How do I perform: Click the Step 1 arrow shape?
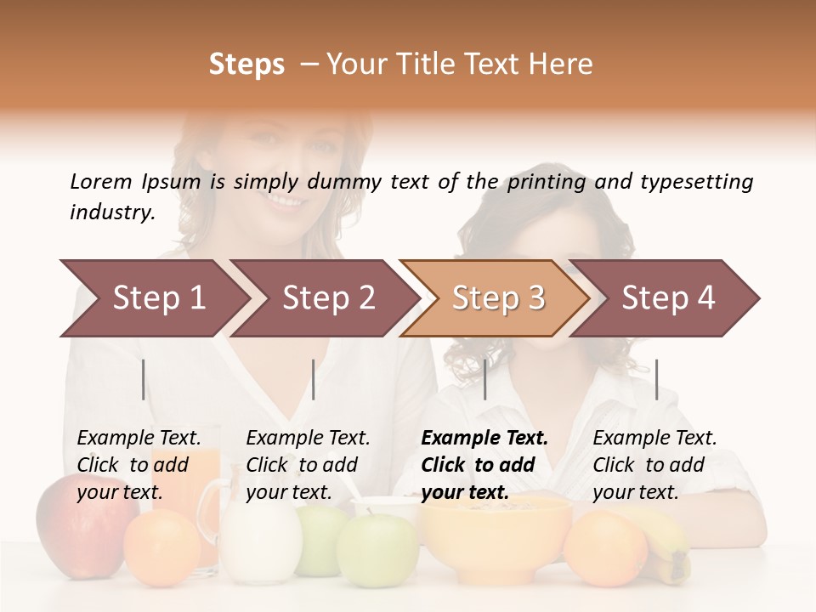click(x=153, y=298)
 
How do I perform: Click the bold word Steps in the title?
click(x=246, y=65)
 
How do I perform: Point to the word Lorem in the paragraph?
click(x=101, y=181)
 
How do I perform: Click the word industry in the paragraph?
click(x=111, y=212)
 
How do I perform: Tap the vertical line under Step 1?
click(x=144, y=379)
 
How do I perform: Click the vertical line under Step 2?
click(x=314, y=379)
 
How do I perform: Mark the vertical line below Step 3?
click(x=484, y=379)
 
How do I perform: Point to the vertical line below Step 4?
click(x=656, y=379)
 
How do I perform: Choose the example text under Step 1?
click(x=139, y=465)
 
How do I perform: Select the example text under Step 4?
click(x=654, y=465)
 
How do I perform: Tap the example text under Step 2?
click(x=308, y=465)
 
